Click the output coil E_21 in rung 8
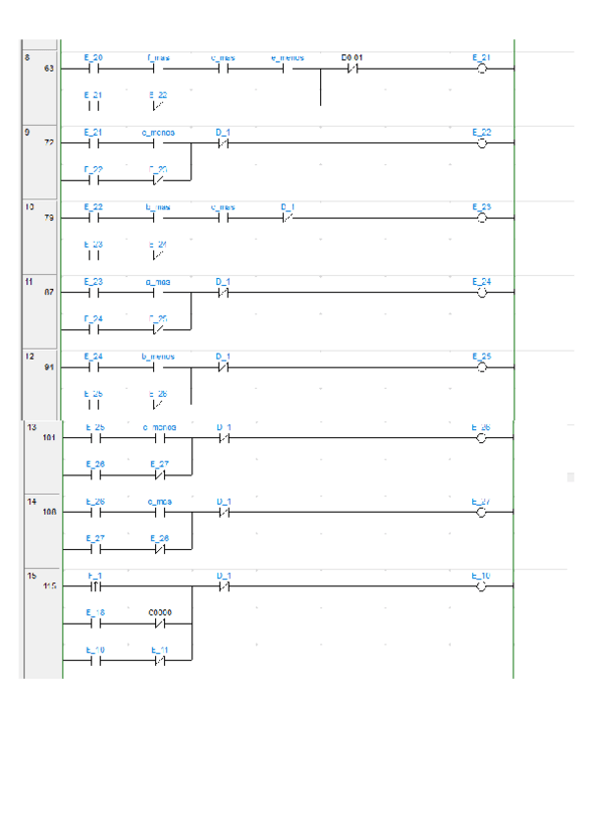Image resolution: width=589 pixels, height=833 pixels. point(481,69)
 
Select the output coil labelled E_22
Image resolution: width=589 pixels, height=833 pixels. point(481,143)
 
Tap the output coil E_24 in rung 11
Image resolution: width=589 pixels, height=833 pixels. point(481,292)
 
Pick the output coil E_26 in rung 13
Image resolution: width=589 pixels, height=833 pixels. point(481,439)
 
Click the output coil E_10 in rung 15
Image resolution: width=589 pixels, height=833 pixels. point(481,586)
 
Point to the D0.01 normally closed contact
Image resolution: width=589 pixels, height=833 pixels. point(352,69)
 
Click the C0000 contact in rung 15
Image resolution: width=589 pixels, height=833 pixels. point(159,623)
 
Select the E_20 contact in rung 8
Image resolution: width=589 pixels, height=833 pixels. point(94,69)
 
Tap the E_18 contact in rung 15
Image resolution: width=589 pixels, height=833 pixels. point(94,623)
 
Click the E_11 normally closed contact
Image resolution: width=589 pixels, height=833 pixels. point(159,660)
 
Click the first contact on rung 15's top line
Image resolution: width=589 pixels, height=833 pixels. point(94,586)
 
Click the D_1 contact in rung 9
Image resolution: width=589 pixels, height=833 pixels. point(223,143)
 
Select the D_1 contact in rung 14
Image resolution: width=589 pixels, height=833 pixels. point(223,513)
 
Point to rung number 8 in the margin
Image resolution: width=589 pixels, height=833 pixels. point(27,56)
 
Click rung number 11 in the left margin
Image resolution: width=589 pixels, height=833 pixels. point(29,279)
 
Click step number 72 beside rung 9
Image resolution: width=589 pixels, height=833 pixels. point(49,142)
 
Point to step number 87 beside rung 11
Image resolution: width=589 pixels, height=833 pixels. point(49,292)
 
